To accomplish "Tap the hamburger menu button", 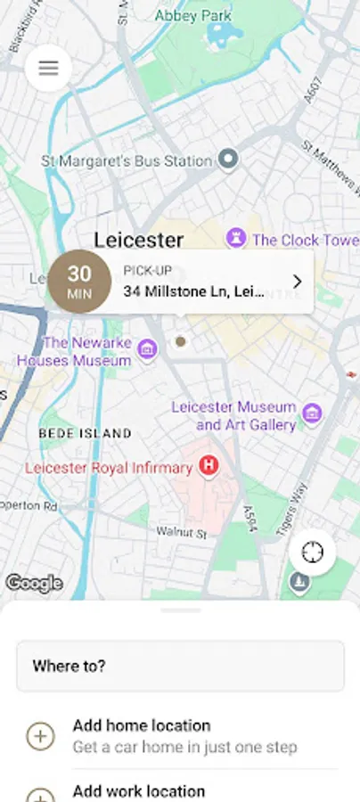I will (x=48, y=69).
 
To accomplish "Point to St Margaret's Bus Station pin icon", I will (x=229, y=160).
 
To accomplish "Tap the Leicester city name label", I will (x=139, y=240).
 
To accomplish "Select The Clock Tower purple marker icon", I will (x=235, y=239).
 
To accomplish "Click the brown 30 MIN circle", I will (x=79, y=282).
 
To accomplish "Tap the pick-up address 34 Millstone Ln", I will (x=193, y=291).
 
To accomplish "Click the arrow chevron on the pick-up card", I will (x=298, y=282).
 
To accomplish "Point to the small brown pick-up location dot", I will (x=181, y=341).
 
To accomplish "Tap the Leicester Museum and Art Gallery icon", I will (x=311, y=413).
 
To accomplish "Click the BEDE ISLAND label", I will (x=85, y=433).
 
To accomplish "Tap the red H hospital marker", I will (x=209, y=464).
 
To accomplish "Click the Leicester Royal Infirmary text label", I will (x=110, y=467).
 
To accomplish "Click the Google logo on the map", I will (x=34, y=584).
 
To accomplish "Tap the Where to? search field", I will (x=180, y=666).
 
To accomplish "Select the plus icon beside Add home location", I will (x=40, y=736).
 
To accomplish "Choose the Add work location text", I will (x=139, y=790).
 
